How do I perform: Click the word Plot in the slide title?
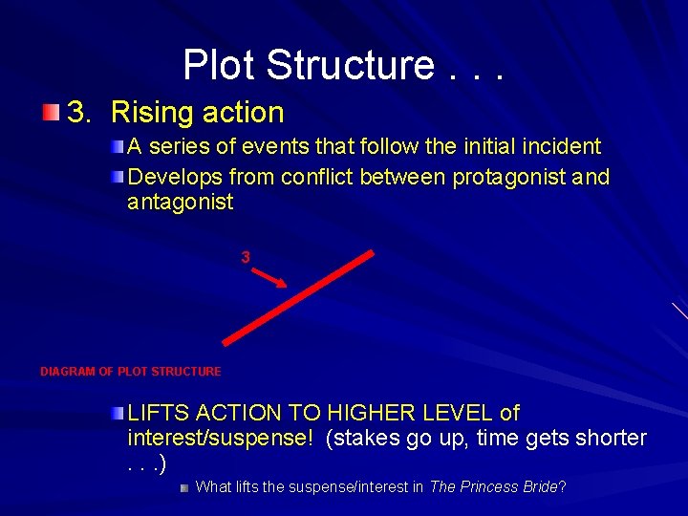[220, 65]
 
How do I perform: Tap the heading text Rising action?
[198, 113]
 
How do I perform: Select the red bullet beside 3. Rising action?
[51, 113]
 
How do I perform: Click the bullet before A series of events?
[117, 147]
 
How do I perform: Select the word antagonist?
[180, 202]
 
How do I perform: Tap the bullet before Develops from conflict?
[117, 178]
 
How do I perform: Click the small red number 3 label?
[246, 257]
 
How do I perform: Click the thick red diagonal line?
[298, 297]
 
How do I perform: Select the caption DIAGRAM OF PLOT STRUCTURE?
[130, 372]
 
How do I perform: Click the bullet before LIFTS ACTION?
[117, 413]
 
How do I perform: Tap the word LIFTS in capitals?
[157, 413]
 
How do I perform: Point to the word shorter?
[608, 438]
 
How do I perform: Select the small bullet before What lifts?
[184, 487]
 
